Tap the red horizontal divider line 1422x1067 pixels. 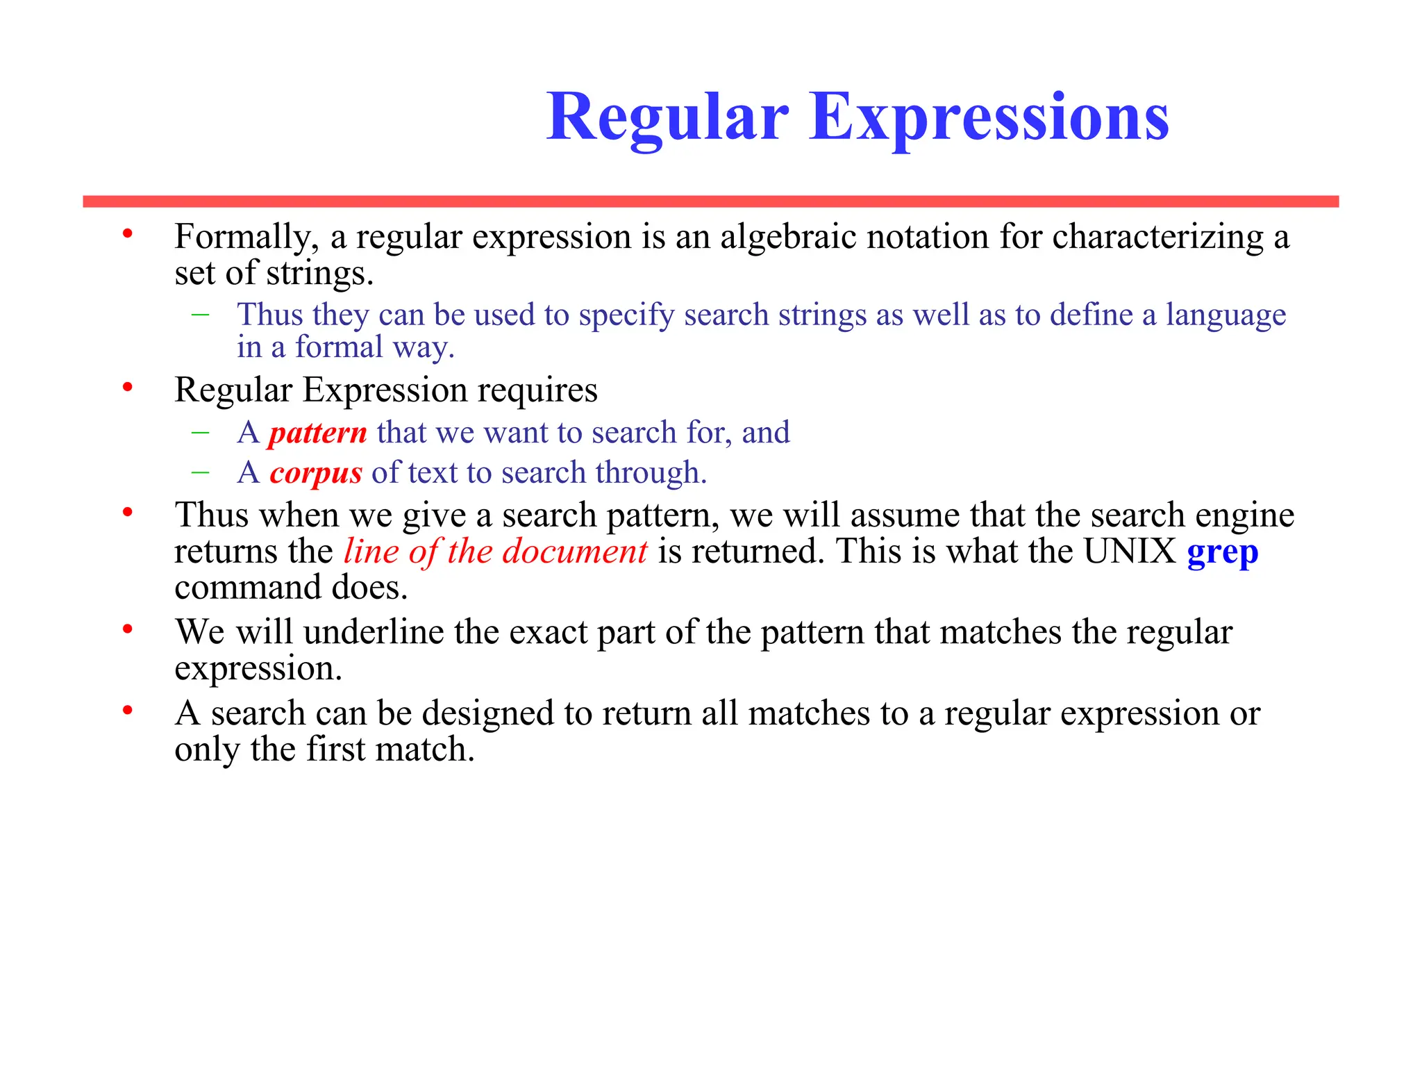[710, 201]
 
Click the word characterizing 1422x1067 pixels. [1157, 238]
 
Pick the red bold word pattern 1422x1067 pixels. [318, 433]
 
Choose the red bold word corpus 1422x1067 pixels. [316, 473]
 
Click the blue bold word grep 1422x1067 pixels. [1222, 553]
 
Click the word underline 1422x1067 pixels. [374, 632]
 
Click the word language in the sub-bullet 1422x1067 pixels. [1226, 315]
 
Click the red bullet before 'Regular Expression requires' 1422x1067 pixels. [128, 387]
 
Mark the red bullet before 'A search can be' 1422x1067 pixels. [128, 710]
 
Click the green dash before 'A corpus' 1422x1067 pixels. [201, 472]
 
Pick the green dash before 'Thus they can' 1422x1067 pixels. [201, 314]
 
